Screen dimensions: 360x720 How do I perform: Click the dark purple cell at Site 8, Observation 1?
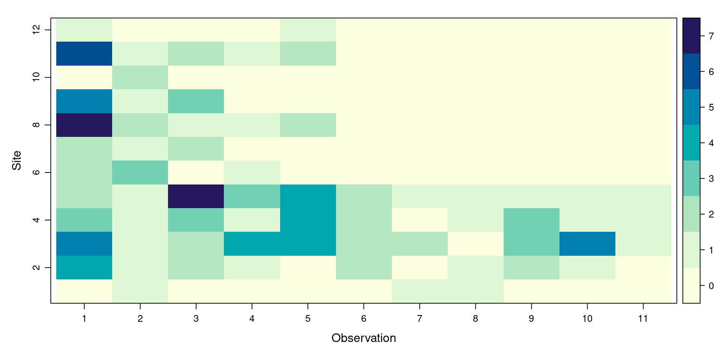click(x=84, y=125)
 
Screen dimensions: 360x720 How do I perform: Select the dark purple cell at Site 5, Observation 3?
click(x=196, y=196)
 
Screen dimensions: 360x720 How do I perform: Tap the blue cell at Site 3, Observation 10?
click(x=587, y=244)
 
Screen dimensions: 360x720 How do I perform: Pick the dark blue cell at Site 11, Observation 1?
click(x=84, y=54)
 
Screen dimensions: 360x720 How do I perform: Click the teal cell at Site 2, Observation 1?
click(x=84, y=267)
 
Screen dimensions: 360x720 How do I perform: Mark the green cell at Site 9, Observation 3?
click(x=196, y=101)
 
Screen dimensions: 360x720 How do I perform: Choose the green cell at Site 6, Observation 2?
click(x=140, y=172)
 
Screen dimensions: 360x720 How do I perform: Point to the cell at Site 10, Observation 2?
click(x=140, y=77)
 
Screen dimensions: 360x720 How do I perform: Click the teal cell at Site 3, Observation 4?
click(x=252, y=244)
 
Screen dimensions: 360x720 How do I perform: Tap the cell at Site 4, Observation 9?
click(x=531, y=220)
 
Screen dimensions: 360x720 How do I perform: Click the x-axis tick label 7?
click(x=419, y=319)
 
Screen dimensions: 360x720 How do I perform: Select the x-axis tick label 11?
click(x=643, y=319)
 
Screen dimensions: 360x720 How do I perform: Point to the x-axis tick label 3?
click(x=196, y=319)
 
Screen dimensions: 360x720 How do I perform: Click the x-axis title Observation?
click(x=363, y=338)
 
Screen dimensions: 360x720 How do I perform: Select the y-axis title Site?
click(x=16, y=160)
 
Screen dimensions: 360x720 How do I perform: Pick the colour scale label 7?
click(x=711, y=36)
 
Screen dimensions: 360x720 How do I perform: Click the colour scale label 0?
click(x=711, y=286)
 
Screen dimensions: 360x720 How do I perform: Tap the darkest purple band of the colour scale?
click(x=691, y=36)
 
